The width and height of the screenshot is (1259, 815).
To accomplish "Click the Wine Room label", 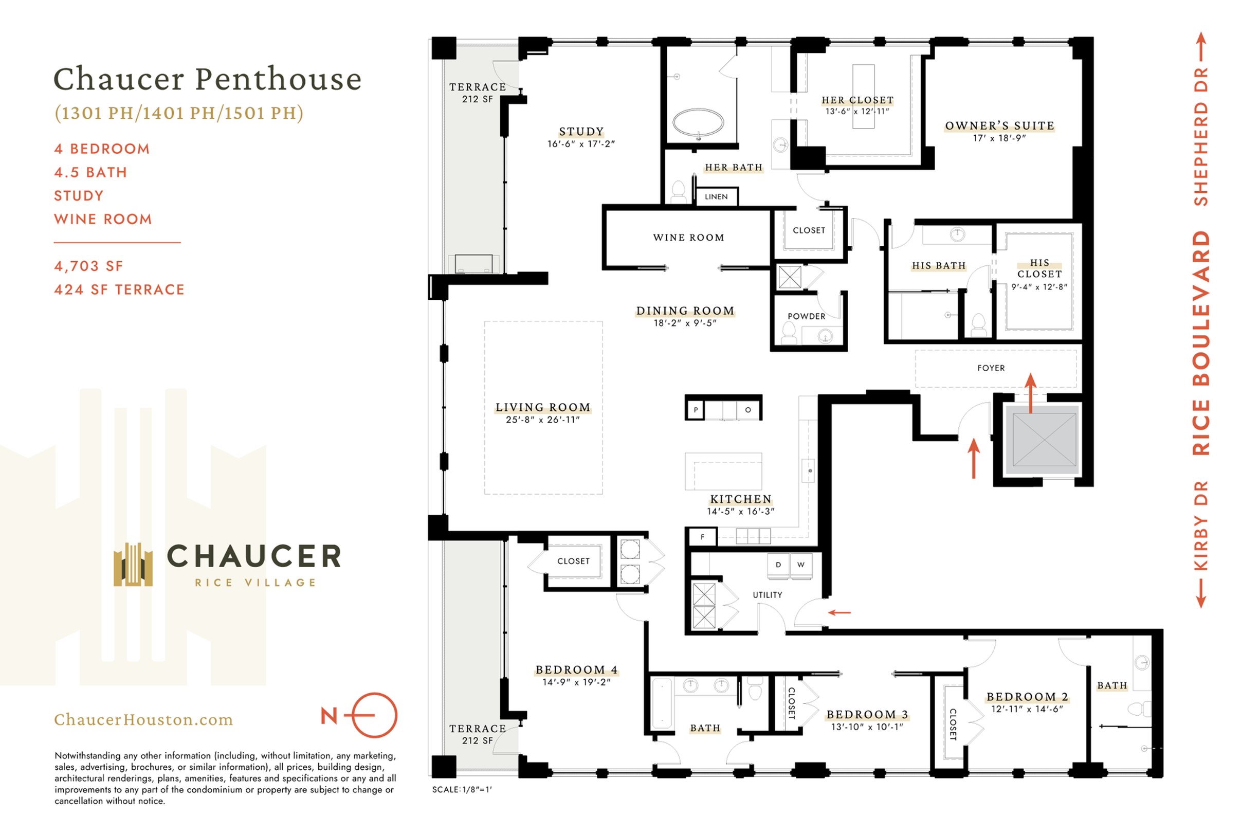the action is coord(688,238).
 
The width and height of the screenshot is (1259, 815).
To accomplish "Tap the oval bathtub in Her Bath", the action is coord(698,123).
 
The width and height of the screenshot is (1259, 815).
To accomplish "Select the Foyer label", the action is coord(991,368).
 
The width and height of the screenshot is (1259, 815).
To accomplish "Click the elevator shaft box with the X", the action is coord(1044,440).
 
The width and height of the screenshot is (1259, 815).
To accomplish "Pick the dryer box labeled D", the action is coord(778,565).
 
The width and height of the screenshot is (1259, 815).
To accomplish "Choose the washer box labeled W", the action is coord(801,565).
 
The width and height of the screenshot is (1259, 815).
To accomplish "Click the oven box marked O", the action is coord(748,410).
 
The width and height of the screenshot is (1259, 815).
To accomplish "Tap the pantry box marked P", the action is coord(696,410).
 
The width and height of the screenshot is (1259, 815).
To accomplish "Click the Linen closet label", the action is coord(716,197).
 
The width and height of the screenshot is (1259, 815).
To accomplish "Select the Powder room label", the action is coord(806,316).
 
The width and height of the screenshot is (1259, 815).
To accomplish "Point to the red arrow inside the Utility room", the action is coord(839,613).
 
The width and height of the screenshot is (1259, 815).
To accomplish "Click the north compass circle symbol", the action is coord(375,715).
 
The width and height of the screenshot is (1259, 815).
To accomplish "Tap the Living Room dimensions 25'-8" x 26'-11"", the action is coord(543,420).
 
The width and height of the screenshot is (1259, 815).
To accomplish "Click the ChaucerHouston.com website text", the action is coord(143,720).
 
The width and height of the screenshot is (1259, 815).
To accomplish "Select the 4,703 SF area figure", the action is coord(88,266).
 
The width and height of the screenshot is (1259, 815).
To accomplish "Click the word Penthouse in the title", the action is coord(278,79).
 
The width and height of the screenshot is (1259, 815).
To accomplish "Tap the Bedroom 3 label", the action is coord(868,715).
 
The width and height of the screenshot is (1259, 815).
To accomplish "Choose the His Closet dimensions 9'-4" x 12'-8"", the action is coord(1039,287).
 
